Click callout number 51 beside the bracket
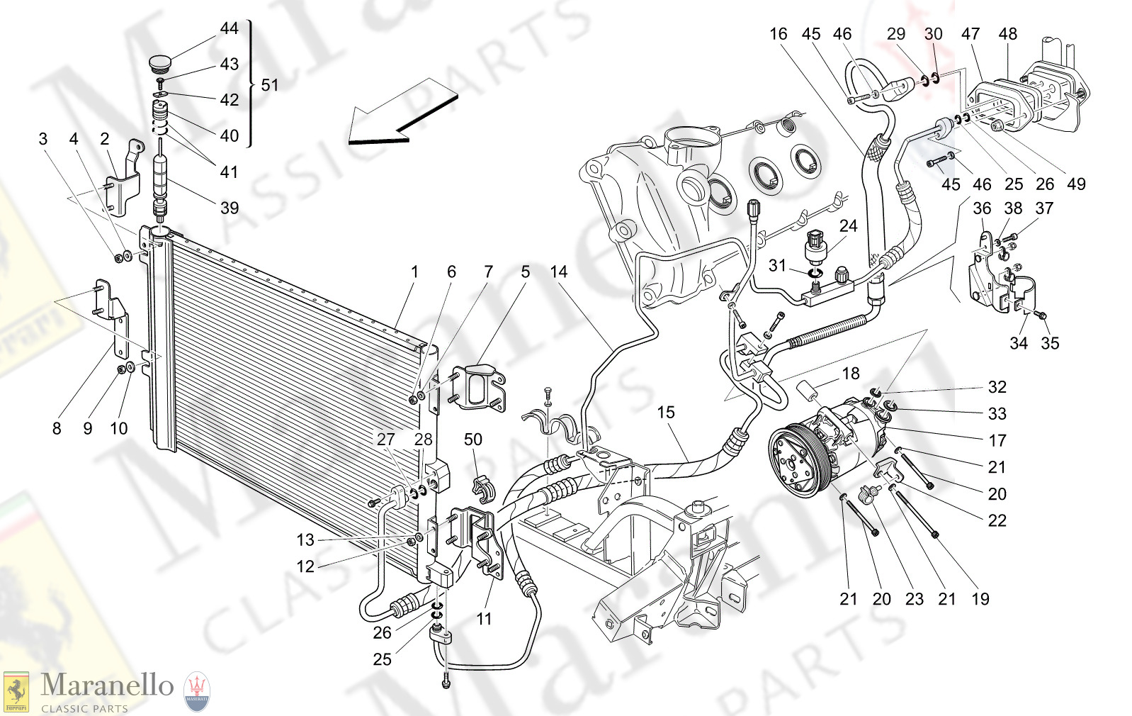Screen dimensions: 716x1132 tap(270, 85)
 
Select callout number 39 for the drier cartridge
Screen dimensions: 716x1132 tap(230, 208)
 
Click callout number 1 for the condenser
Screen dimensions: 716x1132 tap(414, 272)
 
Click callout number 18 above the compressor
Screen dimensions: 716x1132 tap(851, 374)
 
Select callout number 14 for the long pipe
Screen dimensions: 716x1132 tap(559, 272)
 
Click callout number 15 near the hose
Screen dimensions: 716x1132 tap(666, 412)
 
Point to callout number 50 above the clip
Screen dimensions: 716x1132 tap(473, 440)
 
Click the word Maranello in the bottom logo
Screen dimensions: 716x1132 tap(107, 685)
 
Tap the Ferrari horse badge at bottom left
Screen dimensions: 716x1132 tap(16, 691)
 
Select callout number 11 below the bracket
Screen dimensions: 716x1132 tap(484, 619)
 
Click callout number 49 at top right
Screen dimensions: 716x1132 tap(1076, 184)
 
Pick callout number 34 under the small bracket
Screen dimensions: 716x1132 tap(1019, 343)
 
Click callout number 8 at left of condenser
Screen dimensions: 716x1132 tap(57, 428)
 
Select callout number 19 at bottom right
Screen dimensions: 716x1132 tap(980, 599)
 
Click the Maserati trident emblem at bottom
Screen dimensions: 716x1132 tap(197, 692)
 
